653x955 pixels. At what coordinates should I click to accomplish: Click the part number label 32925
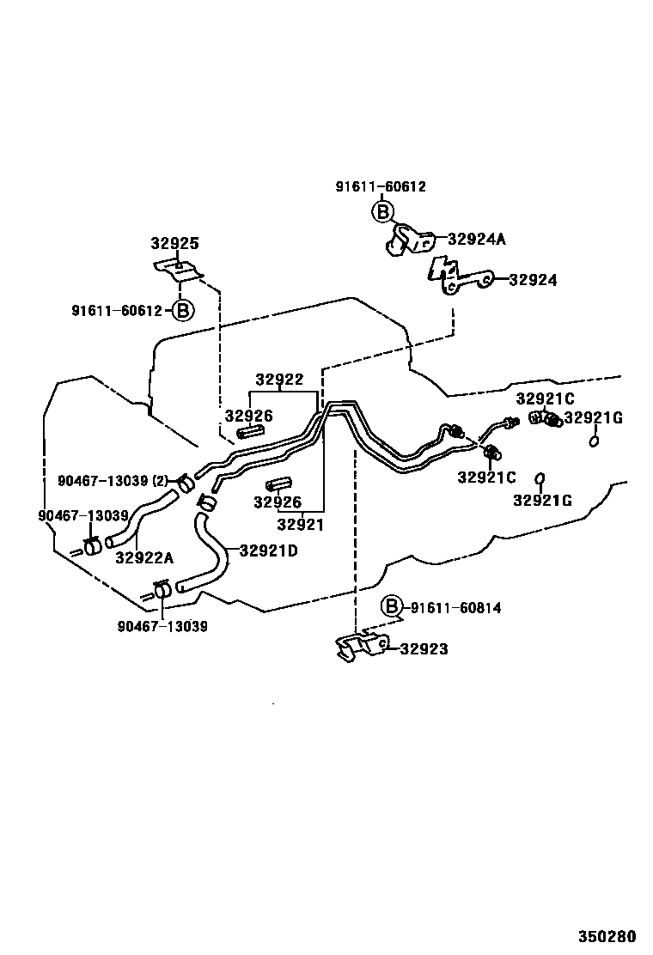tap(174, 244)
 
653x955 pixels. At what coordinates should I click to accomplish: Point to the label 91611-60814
tap(455, 608)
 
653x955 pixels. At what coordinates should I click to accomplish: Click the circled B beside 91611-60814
tap(392, 607)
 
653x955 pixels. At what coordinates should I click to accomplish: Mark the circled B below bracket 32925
tap(182, 310)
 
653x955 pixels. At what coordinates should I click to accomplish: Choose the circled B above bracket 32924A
tap(382, 210)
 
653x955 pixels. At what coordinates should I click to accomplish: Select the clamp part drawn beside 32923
tap(361, 648)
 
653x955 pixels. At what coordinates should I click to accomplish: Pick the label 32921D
tap(268, 550)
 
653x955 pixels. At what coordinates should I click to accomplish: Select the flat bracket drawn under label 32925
tap(179, 270)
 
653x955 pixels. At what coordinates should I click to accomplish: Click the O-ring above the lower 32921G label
tap(540, 477)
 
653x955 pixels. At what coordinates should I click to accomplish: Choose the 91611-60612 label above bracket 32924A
tap(381, 186)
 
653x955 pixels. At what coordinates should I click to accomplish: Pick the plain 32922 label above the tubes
tap(279, 380)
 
